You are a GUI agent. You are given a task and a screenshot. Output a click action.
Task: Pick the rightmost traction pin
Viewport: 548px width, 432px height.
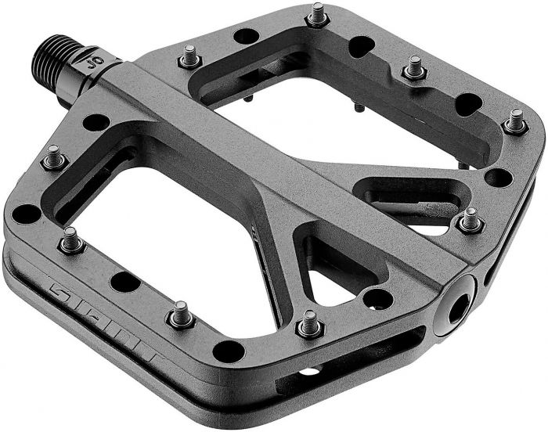pyautogui.click(x=514, y=121)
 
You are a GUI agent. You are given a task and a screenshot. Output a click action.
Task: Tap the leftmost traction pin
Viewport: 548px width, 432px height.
pyautogui.click(x=54, y=157)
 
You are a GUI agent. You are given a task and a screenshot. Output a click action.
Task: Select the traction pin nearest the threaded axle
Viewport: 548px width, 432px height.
pyautogui.click(x=189, y=56)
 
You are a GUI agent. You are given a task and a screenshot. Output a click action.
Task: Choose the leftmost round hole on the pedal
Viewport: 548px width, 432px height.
pyautogui.click(x=26, y=213)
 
